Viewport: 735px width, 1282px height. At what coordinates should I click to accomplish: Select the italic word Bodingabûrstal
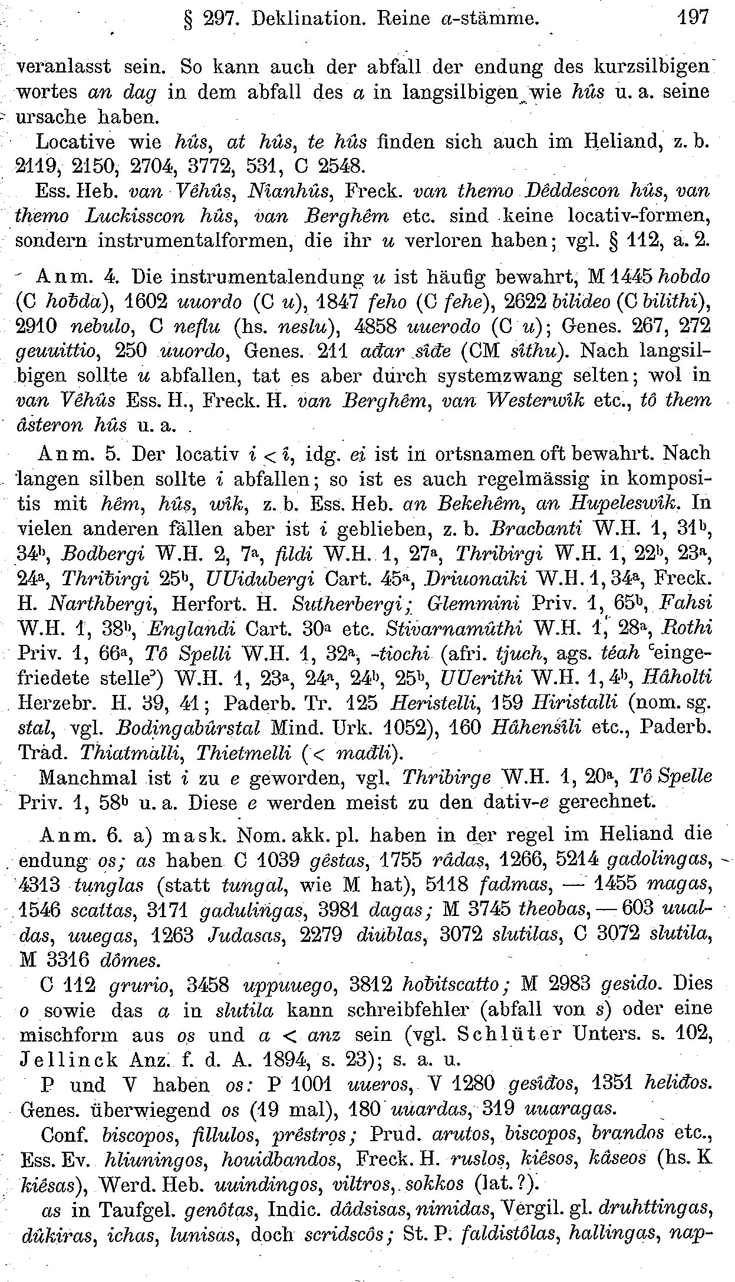tap(188, 728)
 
